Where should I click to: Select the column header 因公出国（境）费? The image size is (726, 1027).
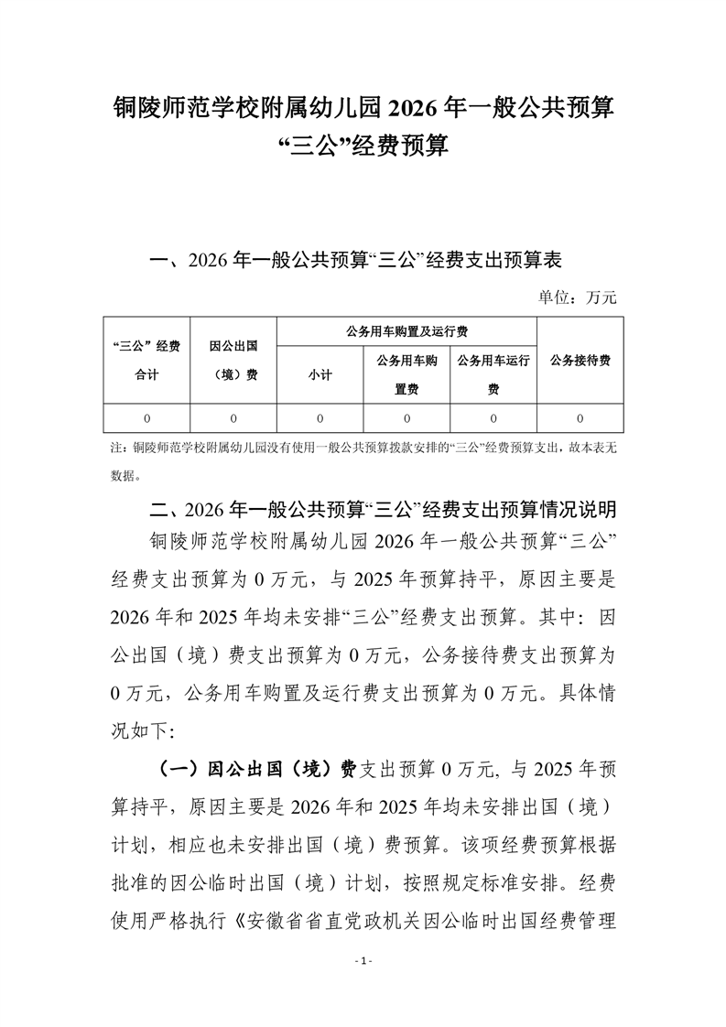[233, 360]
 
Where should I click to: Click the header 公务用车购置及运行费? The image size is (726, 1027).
[406, 331]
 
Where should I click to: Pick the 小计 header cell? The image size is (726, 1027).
[320, 374]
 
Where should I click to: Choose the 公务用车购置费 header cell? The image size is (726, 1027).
[406, 374]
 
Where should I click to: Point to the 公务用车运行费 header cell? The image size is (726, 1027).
[493, 374]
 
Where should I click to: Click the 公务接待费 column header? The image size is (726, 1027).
[580, 360]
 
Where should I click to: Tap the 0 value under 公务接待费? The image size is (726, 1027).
[580, 418]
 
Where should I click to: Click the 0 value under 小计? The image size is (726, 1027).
[320, 418]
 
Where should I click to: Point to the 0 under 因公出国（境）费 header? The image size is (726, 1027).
[233, 418]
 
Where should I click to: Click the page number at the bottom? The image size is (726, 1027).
[363, 961]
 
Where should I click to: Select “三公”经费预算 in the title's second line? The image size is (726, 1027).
[363, 146]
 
